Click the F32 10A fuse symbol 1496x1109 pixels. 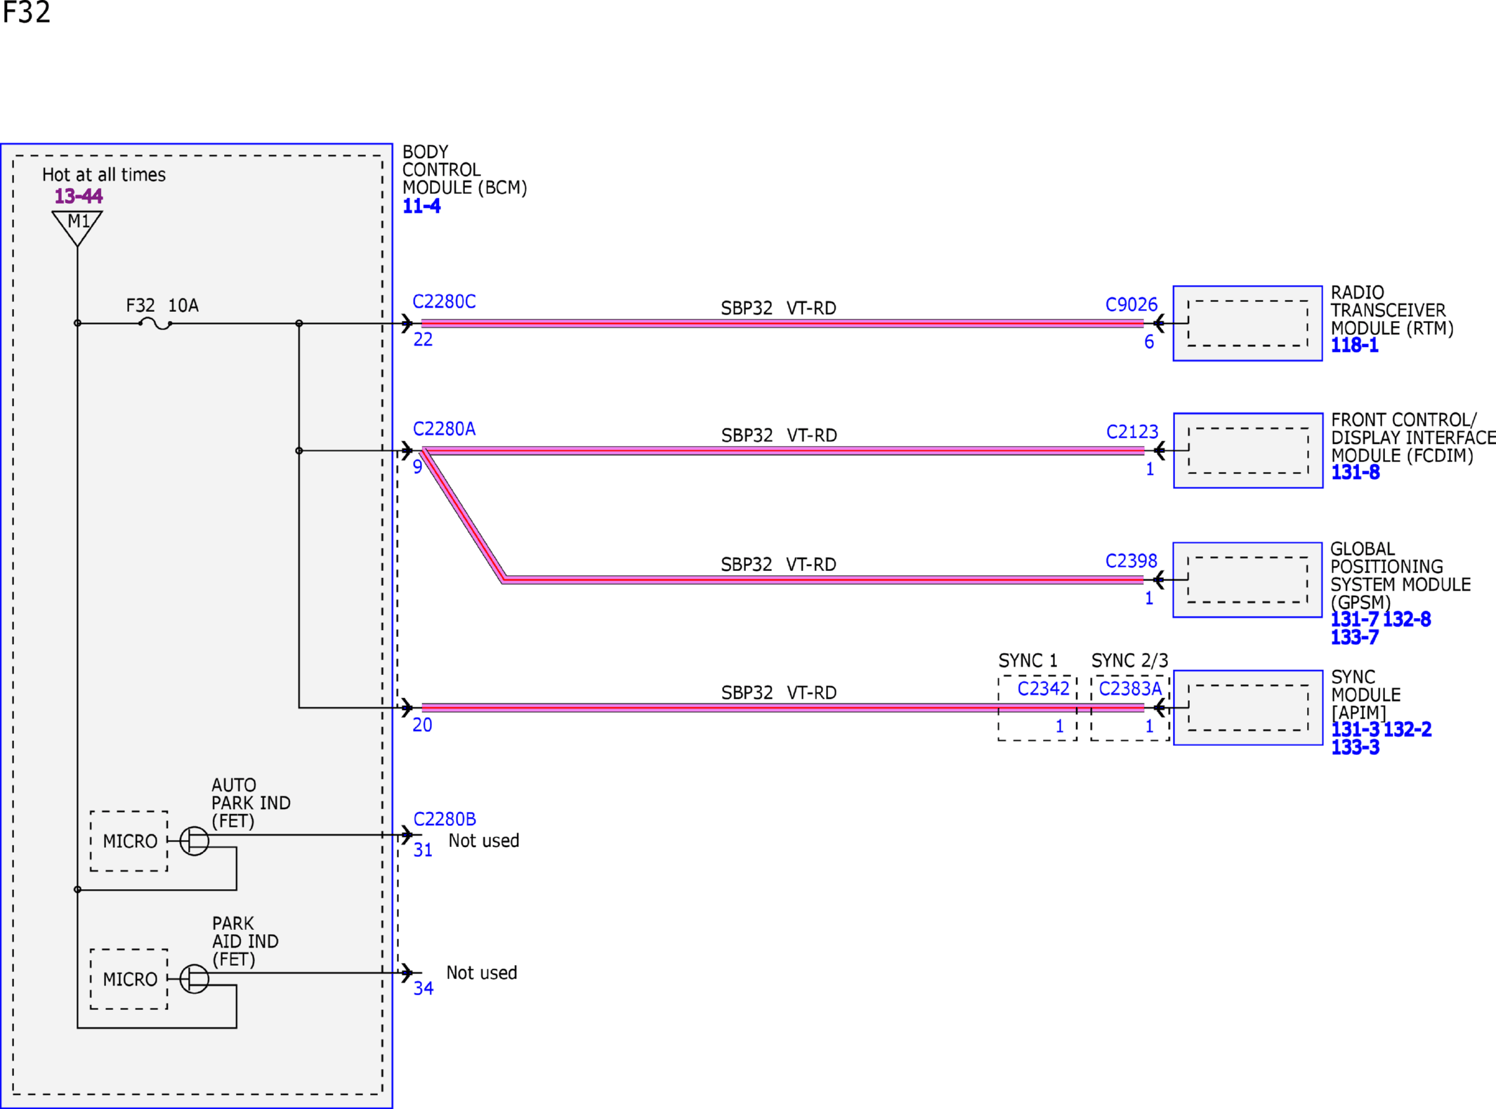click(155, 324)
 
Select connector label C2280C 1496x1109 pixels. click(444, 302)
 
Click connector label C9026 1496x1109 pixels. click(1131, 305)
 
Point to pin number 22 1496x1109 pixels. click(423, 340)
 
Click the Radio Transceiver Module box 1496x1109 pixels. click(1247, 323)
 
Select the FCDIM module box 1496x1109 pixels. click(1248, 450)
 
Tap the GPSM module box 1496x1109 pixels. click(1247, 579)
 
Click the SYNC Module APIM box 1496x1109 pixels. click(1248, 707)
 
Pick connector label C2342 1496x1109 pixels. click(1043, 689)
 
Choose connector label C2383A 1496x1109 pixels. click(1130, 689)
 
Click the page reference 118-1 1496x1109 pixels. click(1355, 346)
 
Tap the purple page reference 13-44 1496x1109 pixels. click(79, 196)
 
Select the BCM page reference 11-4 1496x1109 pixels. click(421, 206)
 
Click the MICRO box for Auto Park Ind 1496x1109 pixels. click(129, 841)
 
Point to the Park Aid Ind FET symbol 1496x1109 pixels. click(195, 978)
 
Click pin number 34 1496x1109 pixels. click(424, 989)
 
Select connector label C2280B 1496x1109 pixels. click(445, 820)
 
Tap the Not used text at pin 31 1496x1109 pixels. click(484, 841)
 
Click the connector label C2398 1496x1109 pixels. click(1131, 561)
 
